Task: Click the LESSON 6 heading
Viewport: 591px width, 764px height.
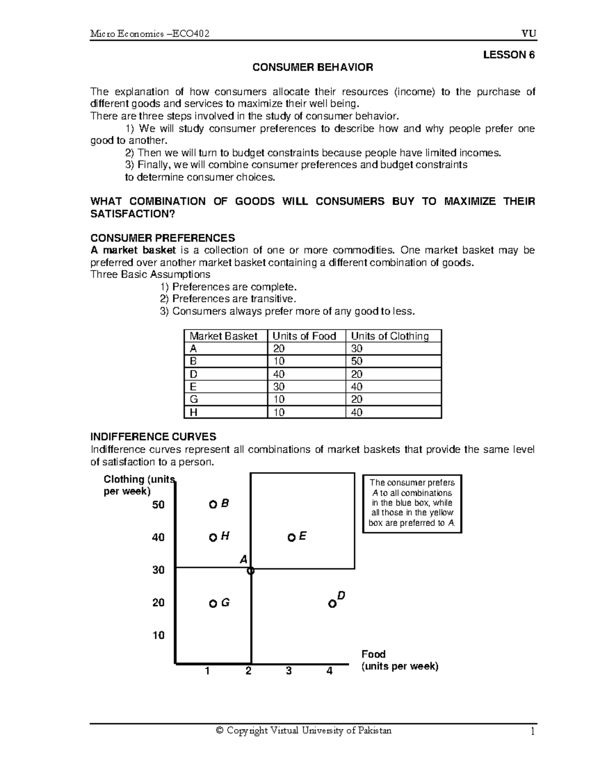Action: coord(508,55)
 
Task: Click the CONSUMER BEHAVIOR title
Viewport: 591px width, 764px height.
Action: coord(313,67)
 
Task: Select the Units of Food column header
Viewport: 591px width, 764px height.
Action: coord(304,336)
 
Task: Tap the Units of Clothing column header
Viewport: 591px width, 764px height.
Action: coord(390,336)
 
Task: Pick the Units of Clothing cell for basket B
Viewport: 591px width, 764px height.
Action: coord(357,361)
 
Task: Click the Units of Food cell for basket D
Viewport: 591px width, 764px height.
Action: coord(278,374)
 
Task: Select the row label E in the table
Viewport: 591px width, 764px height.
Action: coord(193,387)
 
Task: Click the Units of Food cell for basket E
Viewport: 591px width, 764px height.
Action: coord(278,387)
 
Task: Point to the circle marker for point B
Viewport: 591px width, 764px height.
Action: coord(213,505)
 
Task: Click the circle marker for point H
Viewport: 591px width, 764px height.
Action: coord(213,538)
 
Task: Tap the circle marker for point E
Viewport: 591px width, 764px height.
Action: coord(292,538)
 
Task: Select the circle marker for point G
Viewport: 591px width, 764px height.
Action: coord(213,604)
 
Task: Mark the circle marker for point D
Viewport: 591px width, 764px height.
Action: coord(332,604)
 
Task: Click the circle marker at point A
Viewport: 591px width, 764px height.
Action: coord(251,571)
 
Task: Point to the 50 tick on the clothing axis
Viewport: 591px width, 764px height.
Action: coord(158,505)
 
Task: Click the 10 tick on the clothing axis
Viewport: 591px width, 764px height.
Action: coord(158,636)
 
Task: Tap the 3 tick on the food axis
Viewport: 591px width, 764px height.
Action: coord(289,671)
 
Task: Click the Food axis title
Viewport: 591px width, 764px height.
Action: coord(373,654)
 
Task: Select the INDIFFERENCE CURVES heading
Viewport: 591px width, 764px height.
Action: coord(153,437)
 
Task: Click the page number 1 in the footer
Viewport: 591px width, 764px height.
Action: coord(532,732)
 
